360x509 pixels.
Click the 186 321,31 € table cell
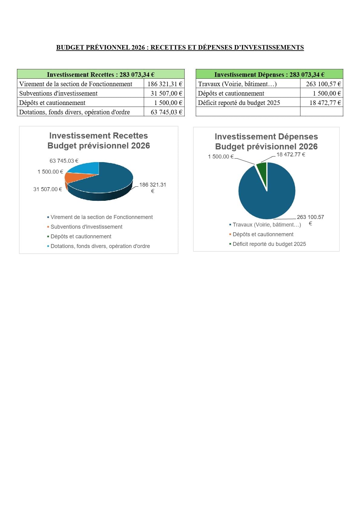164,84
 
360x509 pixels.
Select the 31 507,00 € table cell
164,93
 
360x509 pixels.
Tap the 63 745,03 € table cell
164,112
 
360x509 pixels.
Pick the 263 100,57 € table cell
322,84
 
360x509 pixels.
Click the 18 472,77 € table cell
322,103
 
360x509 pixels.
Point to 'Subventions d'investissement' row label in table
58,93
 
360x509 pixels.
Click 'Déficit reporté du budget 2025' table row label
239,103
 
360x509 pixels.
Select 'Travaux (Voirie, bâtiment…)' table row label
237,84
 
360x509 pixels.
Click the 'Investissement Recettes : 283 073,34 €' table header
101,74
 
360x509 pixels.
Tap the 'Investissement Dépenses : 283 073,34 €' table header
269,74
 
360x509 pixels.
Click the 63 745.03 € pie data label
64,161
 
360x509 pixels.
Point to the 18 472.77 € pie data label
291,155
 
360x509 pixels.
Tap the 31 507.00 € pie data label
47,189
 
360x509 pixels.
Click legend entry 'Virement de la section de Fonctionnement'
100,217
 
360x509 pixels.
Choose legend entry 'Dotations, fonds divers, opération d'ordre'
98,246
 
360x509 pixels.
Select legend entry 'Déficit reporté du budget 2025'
267,244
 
